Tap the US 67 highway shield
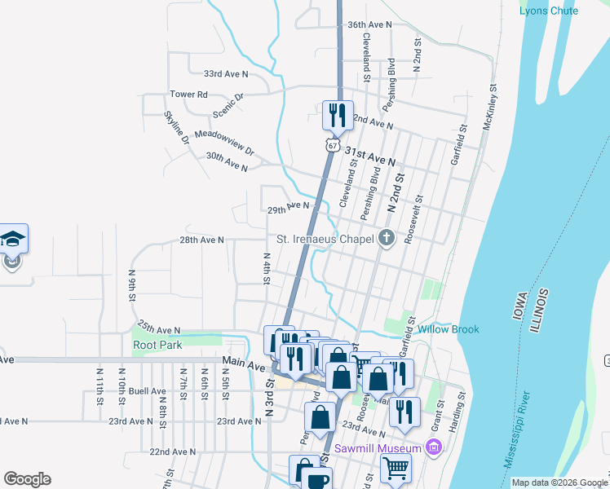click(x=330, y=144)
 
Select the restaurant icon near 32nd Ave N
click(x=338, y=115)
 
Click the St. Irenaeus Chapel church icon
click(x=387, y=239)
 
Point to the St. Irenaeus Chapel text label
click(x=324, y=239)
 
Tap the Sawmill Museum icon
click(x=434, y=447)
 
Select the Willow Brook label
click(x=449, y=330)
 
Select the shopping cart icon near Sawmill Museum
click(x=396, y=469)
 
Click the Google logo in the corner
click(x=27, y=479)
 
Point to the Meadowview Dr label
click(x=224, y=142)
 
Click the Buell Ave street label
click(x=147, y=391)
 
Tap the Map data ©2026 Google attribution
click(x=559, y=482)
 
